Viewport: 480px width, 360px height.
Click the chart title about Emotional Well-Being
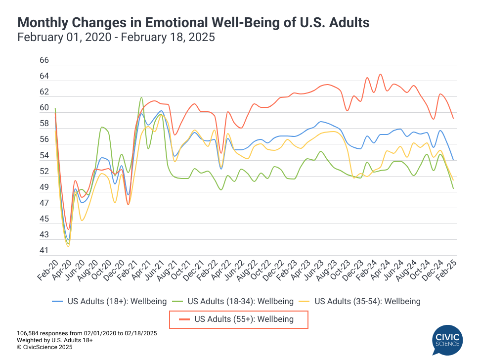click(193, 22)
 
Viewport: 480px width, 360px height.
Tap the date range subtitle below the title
click(116, 38)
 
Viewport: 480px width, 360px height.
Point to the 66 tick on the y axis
click(44, 60)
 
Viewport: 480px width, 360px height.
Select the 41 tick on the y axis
click(44, 251)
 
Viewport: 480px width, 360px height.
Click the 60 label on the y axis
click(44, 108)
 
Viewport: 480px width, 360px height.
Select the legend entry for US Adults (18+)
click(109, 301)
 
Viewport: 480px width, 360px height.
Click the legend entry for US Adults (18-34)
click(237, 301)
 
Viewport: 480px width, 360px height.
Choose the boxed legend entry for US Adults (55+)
click(239, 319)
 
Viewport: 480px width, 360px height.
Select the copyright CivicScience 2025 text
click(44, 348)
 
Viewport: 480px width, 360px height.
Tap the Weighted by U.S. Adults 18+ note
click(55, 340)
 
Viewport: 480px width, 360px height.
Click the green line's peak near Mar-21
click(141, 97)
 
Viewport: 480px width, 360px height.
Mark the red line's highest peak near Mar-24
click(380, 74)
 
